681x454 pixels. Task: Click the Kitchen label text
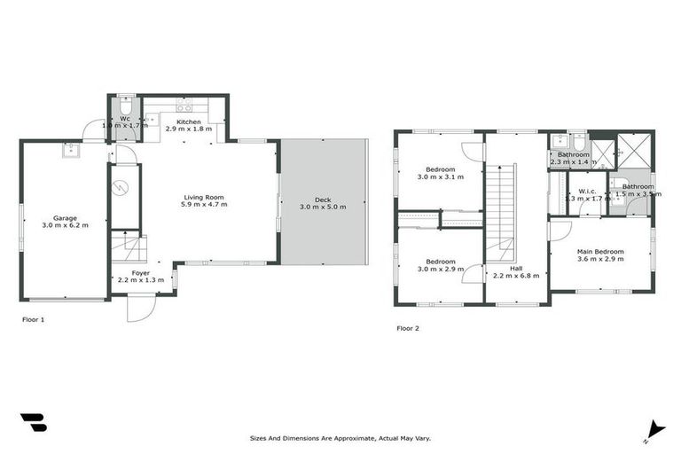pyautogui.click(x=188, y=121)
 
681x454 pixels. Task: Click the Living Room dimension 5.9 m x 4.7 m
pyautogui.click(x=206, y=205)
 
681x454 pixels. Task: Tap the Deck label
pyautogui.click(x=323, y=199)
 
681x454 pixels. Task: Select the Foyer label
pyautogui.click(x=140, y=273)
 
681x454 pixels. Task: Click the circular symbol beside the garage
pyautogui.click(x=124, y=187)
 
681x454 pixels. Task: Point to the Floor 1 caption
pyautogui.click(x=33, y=319)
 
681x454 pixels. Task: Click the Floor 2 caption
pyautogui.click(x=408, y=328)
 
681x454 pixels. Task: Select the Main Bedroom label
pyautogui.click(x=601, y=251)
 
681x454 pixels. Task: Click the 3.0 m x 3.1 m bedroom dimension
pyautogui.click(x=440, y=177)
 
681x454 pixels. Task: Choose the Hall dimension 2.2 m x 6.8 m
pyautogui.click(x=515, y=276)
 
